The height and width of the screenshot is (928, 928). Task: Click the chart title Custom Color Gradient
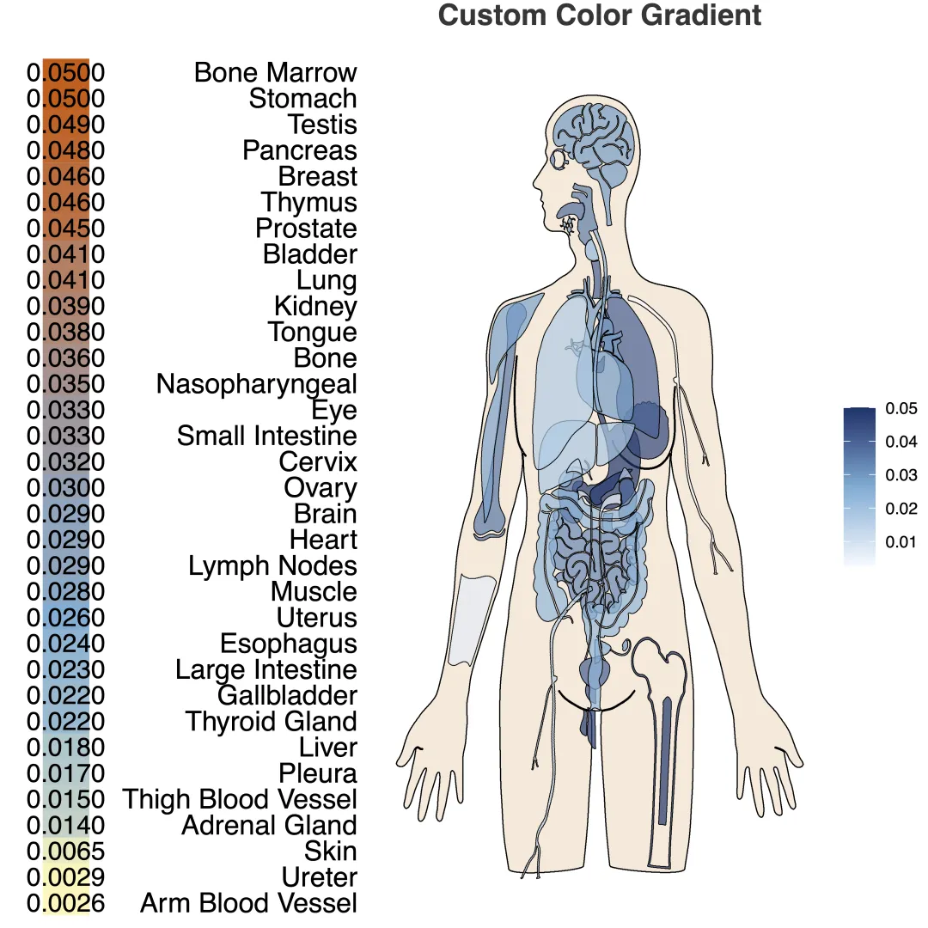(x=599, y=15)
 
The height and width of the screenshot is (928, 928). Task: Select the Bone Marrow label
(x=275, y=72)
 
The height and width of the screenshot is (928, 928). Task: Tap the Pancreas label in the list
(x=299, y=150)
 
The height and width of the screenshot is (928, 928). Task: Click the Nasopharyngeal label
(x=256, y=384)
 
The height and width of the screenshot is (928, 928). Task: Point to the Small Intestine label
(x=266, y=436)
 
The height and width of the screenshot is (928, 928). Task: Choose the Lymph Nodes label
(x=272, y=566)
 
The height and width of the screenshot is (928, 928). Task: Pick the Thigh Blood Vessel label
(x=240, y=799)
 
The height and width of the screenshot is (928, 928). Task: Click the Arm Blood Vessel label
(x=248, y=903)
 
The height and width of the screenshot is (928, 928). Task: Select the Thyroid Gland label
(x=271, y=722)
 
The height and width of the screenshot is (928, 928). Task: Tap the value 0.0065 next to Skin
(x=65, y=852)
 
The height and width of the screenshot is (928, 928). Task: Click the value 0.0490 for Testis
(x=65, y=125)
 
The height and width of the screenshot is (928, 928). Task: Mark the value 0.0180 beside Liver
(x=65, y=748)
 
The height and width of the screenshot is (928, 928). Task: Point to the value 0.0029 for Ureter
(x=65, y=877)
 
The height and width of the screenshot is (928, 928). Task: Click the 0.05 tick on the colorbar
(x=901, y=409)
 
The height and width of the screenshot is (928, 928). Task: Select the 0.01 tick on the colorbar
(x=901, y=542)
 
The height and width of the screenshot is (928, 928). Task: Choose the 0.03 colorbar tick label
(x=901, y=475)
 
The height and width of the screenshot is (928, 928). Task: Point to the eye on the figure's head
(x=560, y=159)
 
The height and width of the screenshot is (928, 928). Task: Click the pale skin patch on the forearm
(x=476, y=619)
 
